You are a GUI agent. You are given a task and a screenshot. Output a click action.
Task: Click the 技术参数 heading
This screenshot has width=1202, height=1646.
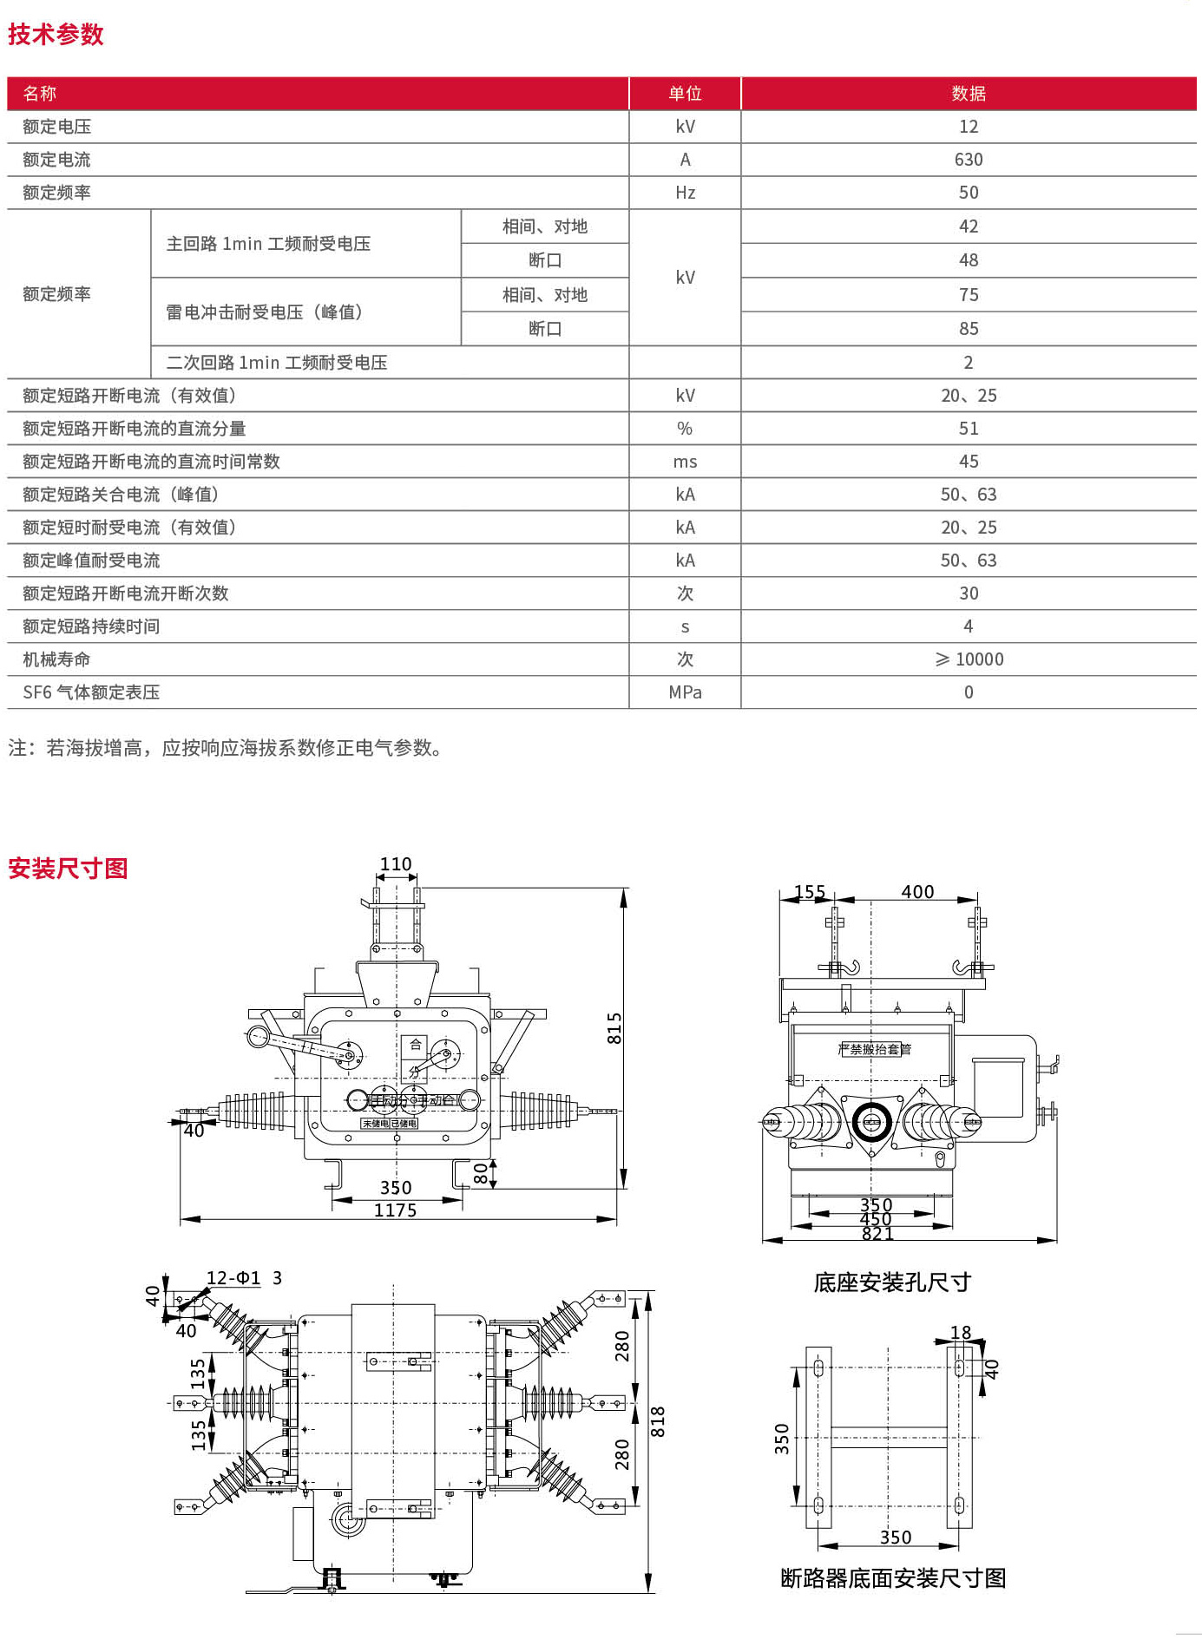point(56,35)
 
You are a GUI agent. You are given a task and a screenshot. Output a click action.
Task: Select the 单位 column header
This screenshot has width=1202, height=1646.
point(685,94)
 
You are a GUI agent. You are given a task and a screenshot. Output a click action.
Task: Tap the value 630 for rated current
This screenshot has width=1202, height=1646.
point(968,160)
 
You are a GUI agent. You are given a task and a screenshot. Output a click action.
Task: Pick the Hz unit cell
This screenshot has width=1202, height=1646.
point(685,193)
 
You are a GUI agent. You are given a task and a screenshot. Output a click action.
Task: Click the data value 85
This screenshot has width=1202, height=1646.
point(968,329)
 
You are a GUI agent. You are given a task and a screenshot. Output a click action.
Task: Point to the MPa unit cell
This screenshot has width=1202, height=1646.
point(685,692)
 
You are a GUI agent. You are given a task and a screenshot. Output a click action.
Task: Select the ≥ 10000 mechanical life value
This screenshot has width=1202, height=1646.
point(968,659)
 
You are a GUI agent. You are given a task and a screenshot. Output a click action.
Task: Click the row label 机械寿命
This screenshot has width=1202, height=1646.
point(56,659)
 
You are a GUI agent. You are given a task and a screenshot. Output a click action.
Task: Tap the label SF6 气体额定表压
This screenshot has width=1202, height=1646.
point(91,692)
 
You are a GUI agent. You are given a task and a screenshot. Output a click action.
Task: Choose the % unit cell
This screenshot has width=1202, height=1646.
point(685,429)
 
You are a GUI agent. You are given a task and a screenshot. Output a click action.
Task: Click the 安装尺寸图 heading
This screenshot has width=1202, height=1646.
point(68,869)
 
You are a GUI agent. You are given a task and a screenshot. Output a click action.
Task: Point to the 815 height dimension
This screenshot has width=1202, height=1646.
point(614,1028)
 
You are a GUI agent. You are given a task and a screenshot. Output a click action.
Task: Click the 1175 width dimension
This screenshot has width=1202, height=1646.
point(395,1210)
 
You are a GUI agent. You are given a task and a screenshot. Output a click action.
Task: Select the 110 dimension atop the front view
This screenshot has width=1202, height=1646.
point(396,864)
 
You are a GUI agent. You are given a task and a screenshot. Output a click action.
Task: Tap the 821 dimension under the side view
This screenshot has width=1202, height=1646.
point(877,1234)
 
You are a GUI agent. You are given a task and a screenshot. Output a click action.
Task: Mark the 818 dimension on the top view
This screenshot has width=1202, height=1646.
point(658,1421)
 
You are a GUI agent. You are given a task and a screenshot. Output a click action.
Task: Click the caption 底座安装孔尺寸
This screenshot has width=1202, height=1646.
point(891,1282)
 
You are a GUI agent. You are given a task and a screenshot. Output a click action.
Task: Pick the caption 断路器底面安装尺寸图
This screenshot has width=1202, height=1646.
point(893,1578)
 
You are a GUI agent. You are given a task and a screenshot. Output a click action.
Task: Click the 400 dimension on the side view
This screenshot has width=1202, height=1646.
point(917,892)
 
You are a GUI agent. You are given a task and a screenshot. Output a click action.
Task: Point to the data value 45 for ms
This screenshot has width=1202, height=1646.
point(968,462)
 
